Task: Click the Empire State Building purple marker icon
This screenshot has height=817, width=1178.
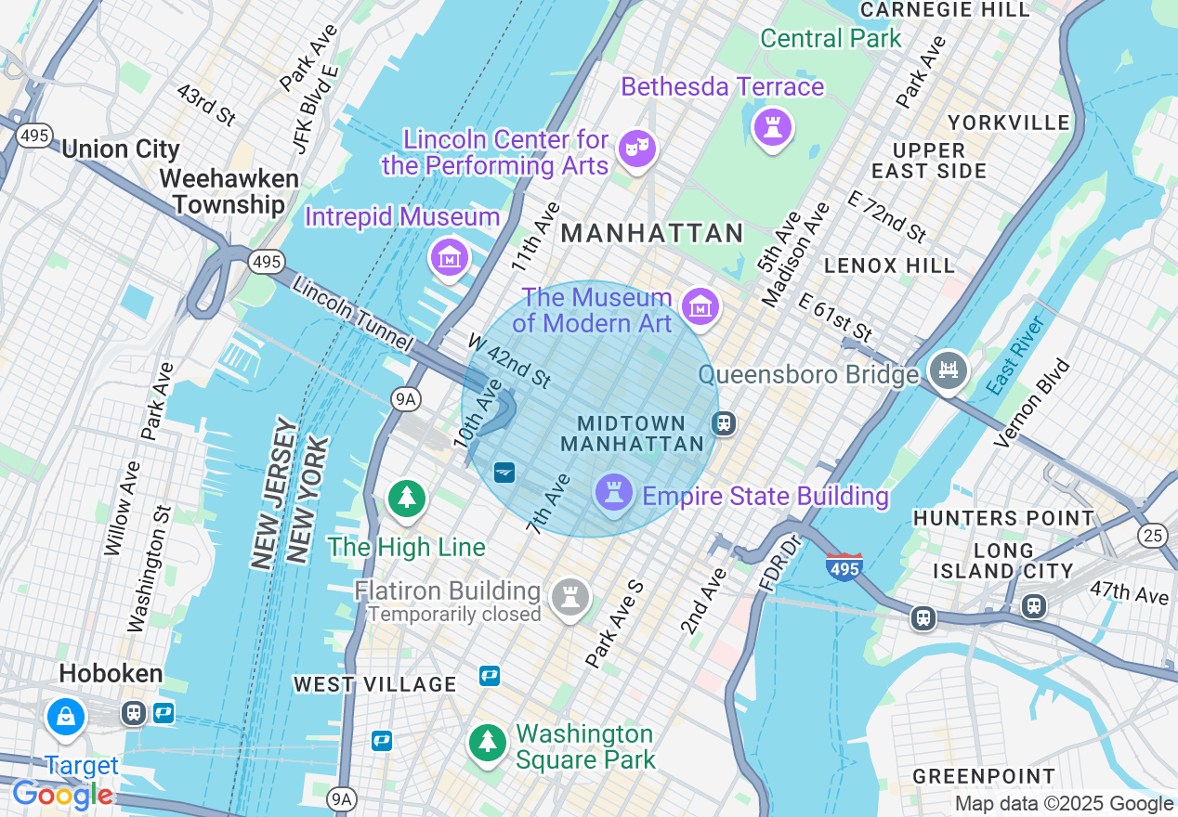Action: tap(613, 492)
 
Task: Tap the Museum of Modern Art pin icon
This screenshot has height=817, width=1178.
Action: tap(700, 306)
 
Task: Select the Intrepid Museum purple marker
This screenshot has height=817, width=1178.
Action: tap(451, 257)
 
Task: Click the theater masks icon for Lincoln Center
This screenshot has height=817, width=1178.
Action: tap(637, 149)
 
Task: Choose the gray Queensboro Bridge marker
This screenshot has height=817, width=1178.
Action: tap(948, 371)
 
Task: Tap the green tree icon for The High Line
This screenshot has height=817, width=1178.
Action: tap(406, 499)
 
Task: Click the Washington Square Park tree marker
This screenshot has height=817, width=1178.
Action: tap(487, 742)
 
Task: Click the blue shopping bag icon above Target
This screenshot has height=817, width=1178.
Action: tap(66, 717)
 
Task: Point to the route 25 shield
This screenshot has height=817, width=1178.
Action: tap(1153, 535)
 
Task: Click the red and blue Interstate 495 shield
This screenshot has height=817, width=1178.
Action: tap(844, 566)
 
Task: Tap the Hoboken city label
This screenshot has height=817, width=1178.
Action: tap(111, 673)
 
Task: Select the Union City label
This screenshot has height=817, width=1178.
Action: tap(121, 149)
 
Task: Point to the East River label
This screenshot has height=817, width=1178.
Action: tap(1016, 354)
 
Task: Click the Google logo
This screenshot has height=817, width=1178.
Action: tap(62, 795)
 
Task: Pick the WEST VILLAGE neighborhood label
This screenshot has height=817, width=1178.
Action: tap(375, 684)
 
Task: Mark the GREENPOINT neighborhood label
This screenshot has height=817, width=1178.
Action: tap(984, 776)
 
